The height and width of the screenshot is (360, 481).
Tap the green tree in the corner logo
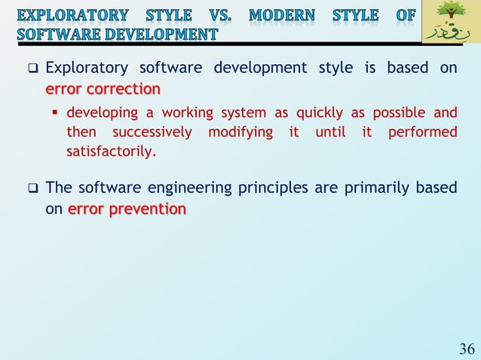coord(452,13)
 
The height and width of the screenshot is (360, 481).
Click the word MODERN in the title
coord(283,15)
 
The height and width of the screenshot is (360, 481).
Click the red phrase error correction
coord(103,90)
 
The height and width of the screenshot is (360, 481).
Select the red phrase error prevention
coord(127,209)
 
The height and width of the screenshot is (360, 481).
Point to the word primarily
coord(375,187)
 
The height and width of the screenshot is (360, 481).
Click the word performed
coord(422,133)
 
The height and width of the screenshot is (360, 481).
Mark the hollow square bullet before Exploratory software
coord(32,69)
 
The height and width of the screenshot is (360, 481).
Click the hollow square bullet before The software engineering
coord(32,188)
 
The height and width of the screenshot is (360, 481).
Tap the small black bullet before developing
coord(56,114)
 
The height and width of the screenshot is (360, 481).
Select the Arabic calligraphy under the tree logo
coord(451,33)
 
